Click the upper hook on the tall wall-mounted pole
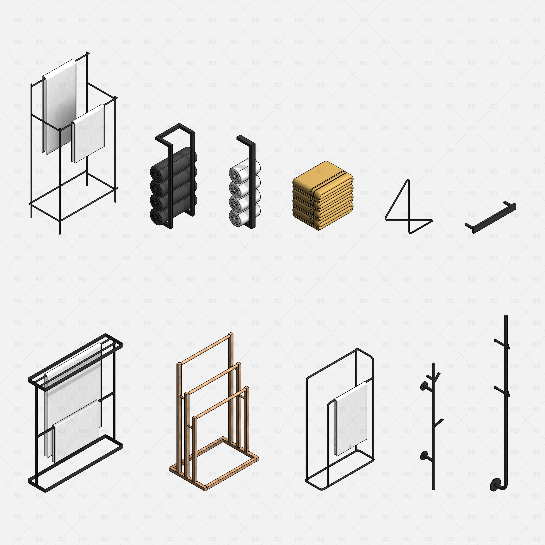tap(502, 344)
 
